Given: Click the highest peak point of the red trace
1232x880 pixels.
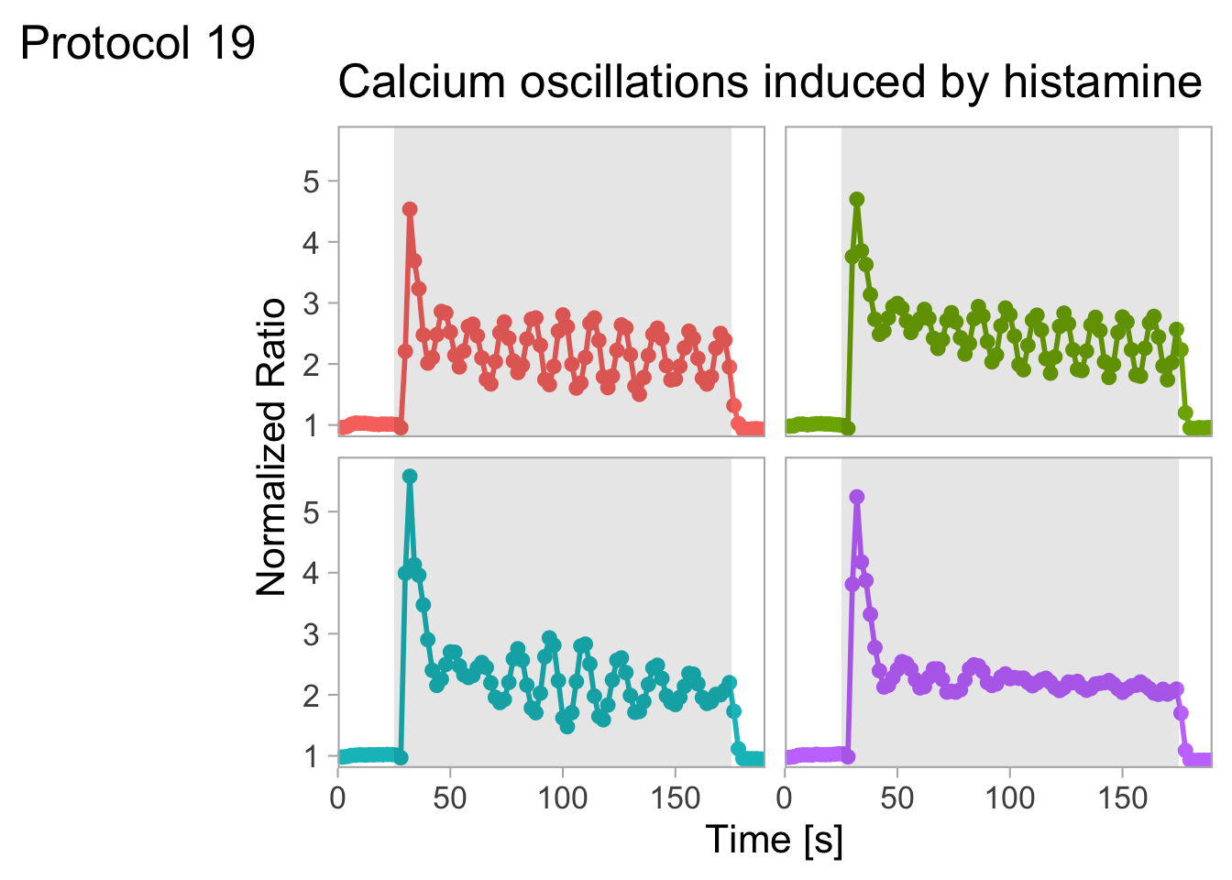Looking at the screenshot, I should point(410,209).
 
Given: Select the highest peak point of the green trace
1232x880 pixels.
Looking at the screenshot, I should point(857,199).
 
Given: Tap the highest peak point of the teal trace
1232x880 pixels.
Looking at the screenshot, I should point(410,476).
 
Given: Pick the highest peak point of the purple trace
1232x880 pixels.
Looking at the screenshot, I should point(857,497).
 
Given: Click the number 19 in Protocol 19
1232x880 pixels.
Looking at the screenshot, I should point(231,43).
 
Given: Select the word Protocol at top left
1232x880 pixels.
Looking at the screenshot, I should point(106,43).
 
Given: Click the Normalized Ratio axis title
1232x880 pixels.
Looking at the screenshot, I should point(271,446).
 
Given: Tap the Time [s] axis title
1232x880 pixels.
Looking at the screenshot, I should point(775,840).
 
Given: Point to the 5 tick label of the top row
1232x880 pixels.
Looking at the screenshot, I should point(311,181).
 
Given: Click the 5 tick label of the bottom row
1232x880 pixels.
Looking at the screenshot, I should point(311,511).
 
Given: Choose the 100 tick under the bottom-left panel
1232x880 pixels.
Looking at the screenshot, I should point(562,797).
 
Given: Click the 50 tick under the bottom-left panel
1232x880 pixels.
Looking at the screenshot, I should point(450,797).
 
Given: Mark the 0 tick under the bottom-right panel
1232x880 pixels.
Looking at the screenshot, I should point(785,797).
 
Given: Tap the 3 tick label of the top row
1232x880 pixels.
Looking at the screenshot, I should point(311,303).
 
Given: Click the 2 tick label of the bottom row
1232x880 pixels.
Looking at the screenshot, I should point(311,695).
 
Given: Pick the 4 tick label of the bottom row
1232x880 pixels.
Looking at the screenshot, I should point(311,573).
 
